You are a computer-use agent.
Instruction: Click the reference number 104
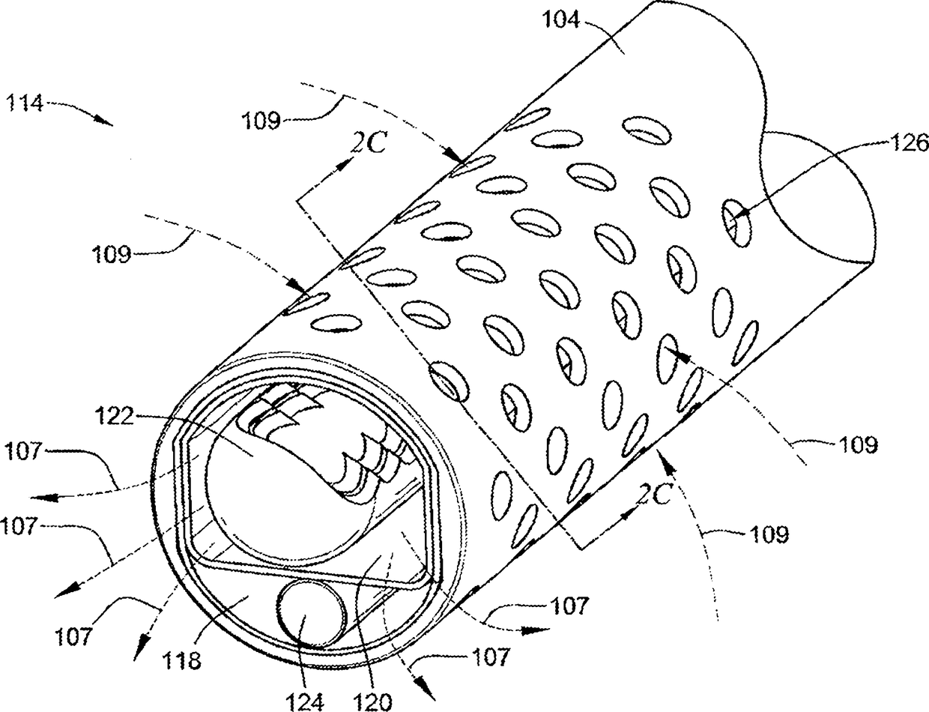pos(560,19)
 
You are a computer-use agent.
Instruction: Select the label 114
pos(25,103)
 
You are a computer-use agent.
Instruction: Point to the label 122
pos(114,416)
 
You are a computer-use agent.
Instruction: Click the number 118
pos(181,660)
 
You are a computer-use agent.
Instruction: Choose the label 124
pos(304,702)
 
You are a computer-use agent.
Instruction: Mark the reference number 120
pos(372,702)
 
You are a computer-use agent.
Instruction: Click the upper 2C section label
pos(369,142)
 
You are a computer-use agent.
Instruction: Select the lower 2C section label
pos(653,495)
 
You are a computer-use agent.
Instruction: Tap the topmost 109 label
pos(261,120)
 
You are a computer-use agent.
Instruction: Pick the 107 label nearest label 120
pos(490,657)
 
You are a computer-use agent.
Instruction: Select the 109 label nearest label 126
pos(858,444)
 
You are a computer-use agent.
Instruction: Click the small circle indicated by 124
pos(311,612)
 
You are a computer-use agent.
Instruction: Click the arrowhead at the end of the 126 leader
pos(742,211)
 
